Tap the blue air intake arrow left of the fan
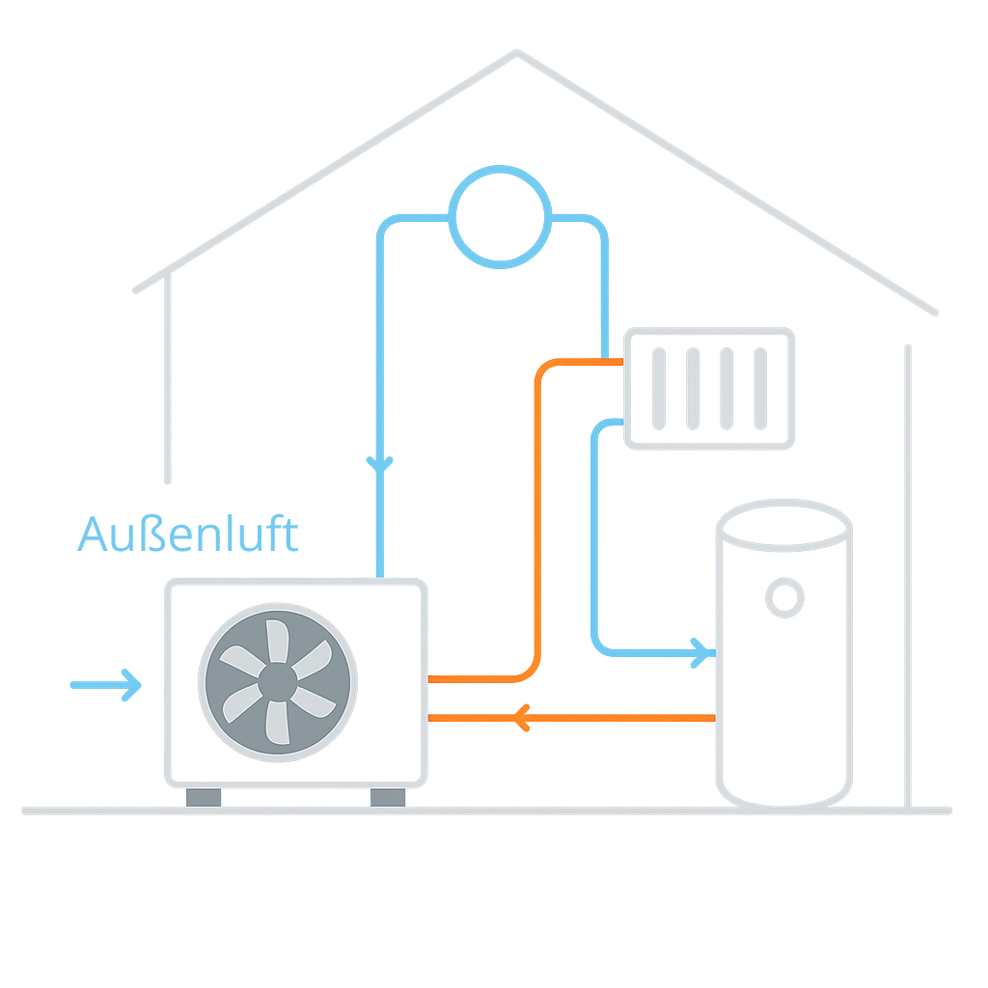click(107, 685)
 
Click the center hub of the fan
click(278, 683)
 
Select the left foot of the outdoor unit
click(204, 797)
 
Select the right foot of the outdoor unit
click(388, 797)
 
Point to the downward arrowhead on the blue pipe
click(380, 465)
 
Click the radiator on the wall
click(709, 388)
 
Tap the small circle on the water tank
click(785, 597)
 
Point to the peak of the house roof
click(516, 53)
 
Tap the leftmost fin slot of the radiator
click(659, 388)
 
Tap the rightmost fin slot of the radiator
click(760, 388)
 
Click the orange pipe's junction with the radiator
click(621, 363)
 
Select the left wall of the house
click(168, 386)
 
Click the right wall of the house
click(907, 579)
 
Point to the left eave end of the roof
click(137, 288)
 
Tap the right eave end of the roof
click(933, 312)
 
